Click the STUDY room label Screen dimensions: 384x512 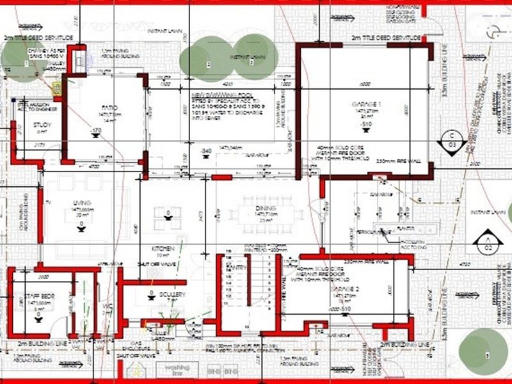point(25,124)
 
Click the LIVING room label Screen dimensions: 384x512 point(81,203)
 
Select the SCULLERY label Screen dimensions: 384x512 point(172,294)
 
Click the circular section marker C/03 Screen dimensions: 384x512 point(452,140)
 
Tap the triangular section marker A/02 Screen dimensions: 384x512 point(486,243)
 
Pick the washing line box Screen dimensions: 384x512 point(173,369)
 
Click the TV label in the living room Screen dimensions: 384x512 point(47,203)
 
